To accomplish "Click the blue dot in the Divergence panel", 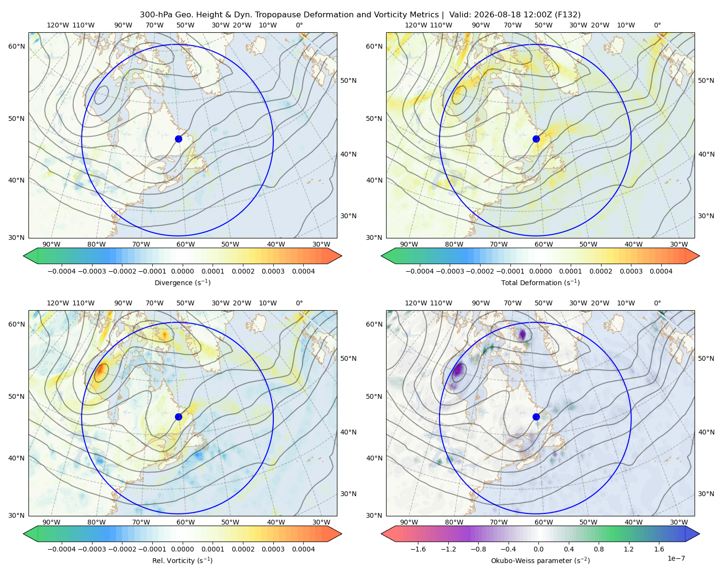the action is click(178, 139).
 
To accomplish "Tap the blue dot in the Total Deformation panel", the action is click(536, 139).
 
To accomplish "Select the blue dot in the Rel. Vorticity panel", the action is click(178, 417).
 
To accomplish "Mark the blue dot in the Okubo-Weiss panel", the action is click(536, 417).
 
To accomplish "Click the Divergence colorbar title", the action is click(182, 282).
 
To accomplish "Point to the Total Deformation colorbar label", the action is click(540, 282).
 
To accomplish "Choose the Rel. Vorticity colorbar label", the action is click(182, 561).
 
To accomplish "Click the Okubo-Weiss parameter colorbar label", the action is click(540, 561).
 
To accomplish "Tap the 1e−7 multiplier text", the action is click(676, 559).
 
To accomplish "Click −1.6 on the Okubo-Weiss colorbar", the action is click(418, 549).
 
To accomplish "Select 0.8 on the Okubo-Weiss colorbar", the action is click(599, 549).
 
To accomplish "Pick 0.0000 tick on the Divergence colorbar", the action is click(182, 271).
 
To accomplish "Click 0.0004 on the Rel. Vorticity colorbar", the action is click(303, 549).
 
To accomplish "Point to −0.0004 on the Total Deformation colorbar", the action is click(420, 271).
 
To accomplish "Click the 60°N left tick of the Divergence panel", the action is click(16, 46).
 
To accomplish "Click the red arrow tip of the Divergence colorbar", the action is click(341, 256).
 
